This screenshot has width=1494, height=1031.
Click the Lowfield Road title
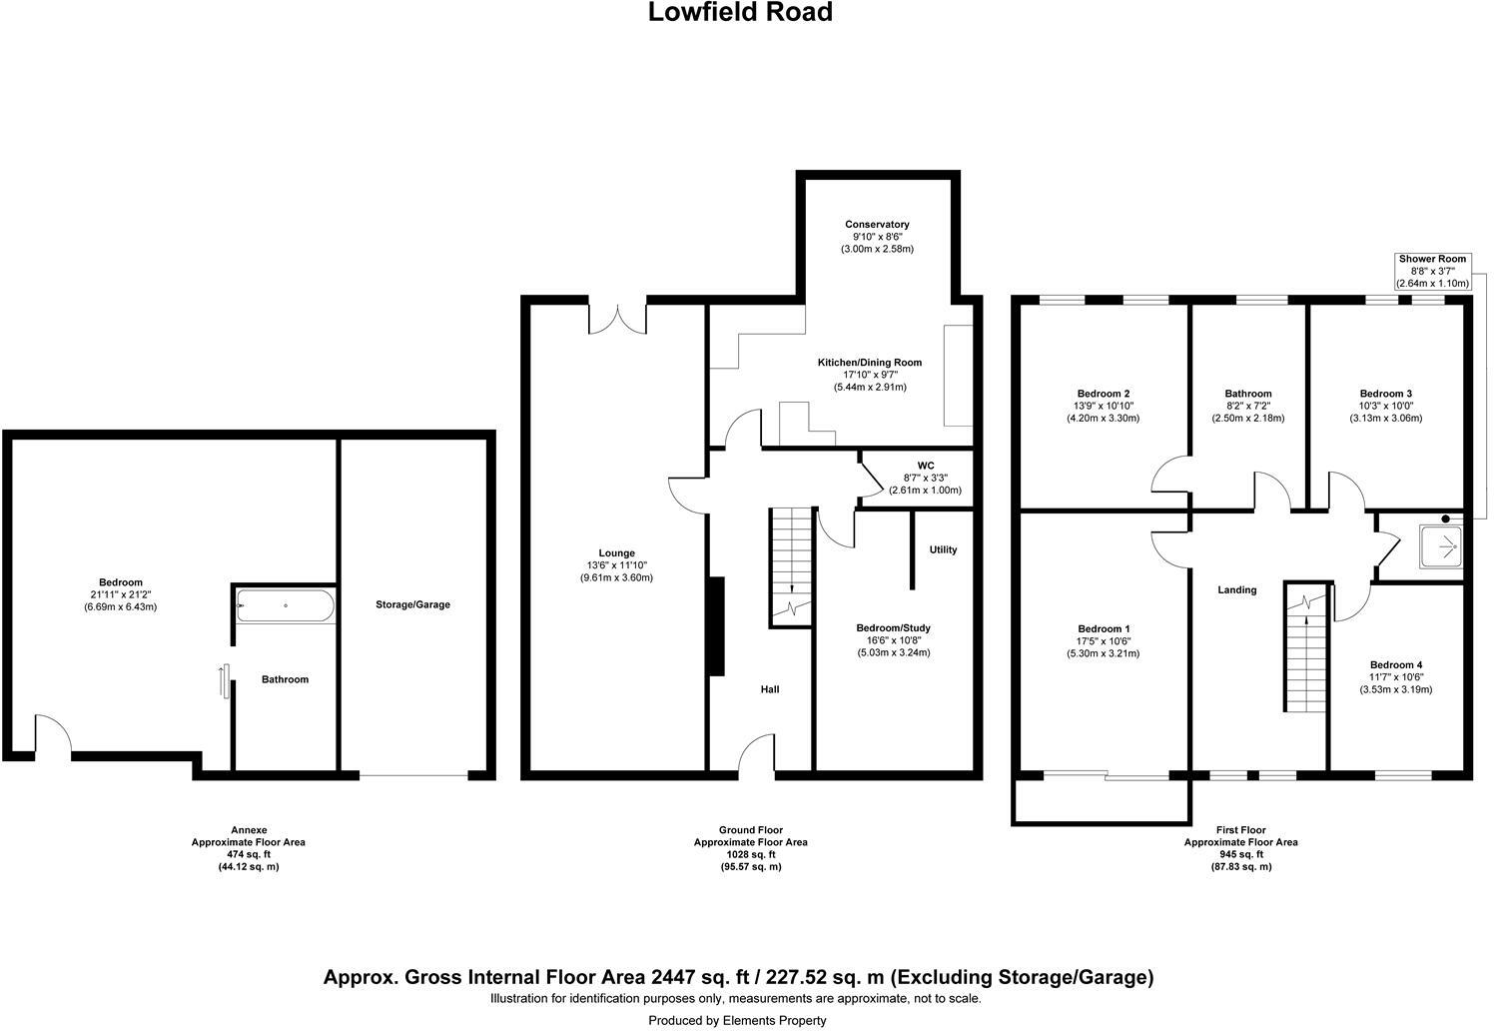[740, 13]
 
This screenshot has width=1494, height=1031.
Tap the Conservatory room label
[876, 225]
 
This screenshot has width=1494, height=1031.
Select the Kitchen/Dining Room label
[869, 363]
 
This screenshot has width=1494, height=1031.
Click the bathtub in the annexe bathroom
[285, 605]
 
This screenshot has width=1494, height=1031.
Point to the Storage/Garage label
[412, 604]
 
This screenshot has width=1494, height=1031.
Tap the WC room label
[925, 466]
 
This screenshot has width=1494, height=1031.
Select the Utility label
[943, 549]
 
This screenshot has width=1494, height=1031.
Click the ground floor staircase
[790, 564]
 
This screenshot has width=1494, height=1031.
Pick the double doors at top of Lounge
[617, 319]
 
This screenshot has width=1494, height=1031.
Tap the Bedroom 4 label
[1395, 665]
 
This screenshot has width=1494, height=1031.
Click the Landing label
[1236, 589]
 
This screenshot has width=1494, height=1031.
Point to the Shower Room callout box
[1432, 271]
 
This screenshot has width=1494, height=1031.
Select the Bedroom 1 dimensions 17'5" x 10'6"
[1103, 641]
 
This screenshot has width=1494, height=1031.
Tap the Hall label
[770, 689]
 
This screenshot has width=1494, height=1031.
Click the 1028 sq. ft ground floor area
[750, 854]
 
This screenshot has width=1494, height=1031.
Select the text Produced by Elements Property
[737, 1020]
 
